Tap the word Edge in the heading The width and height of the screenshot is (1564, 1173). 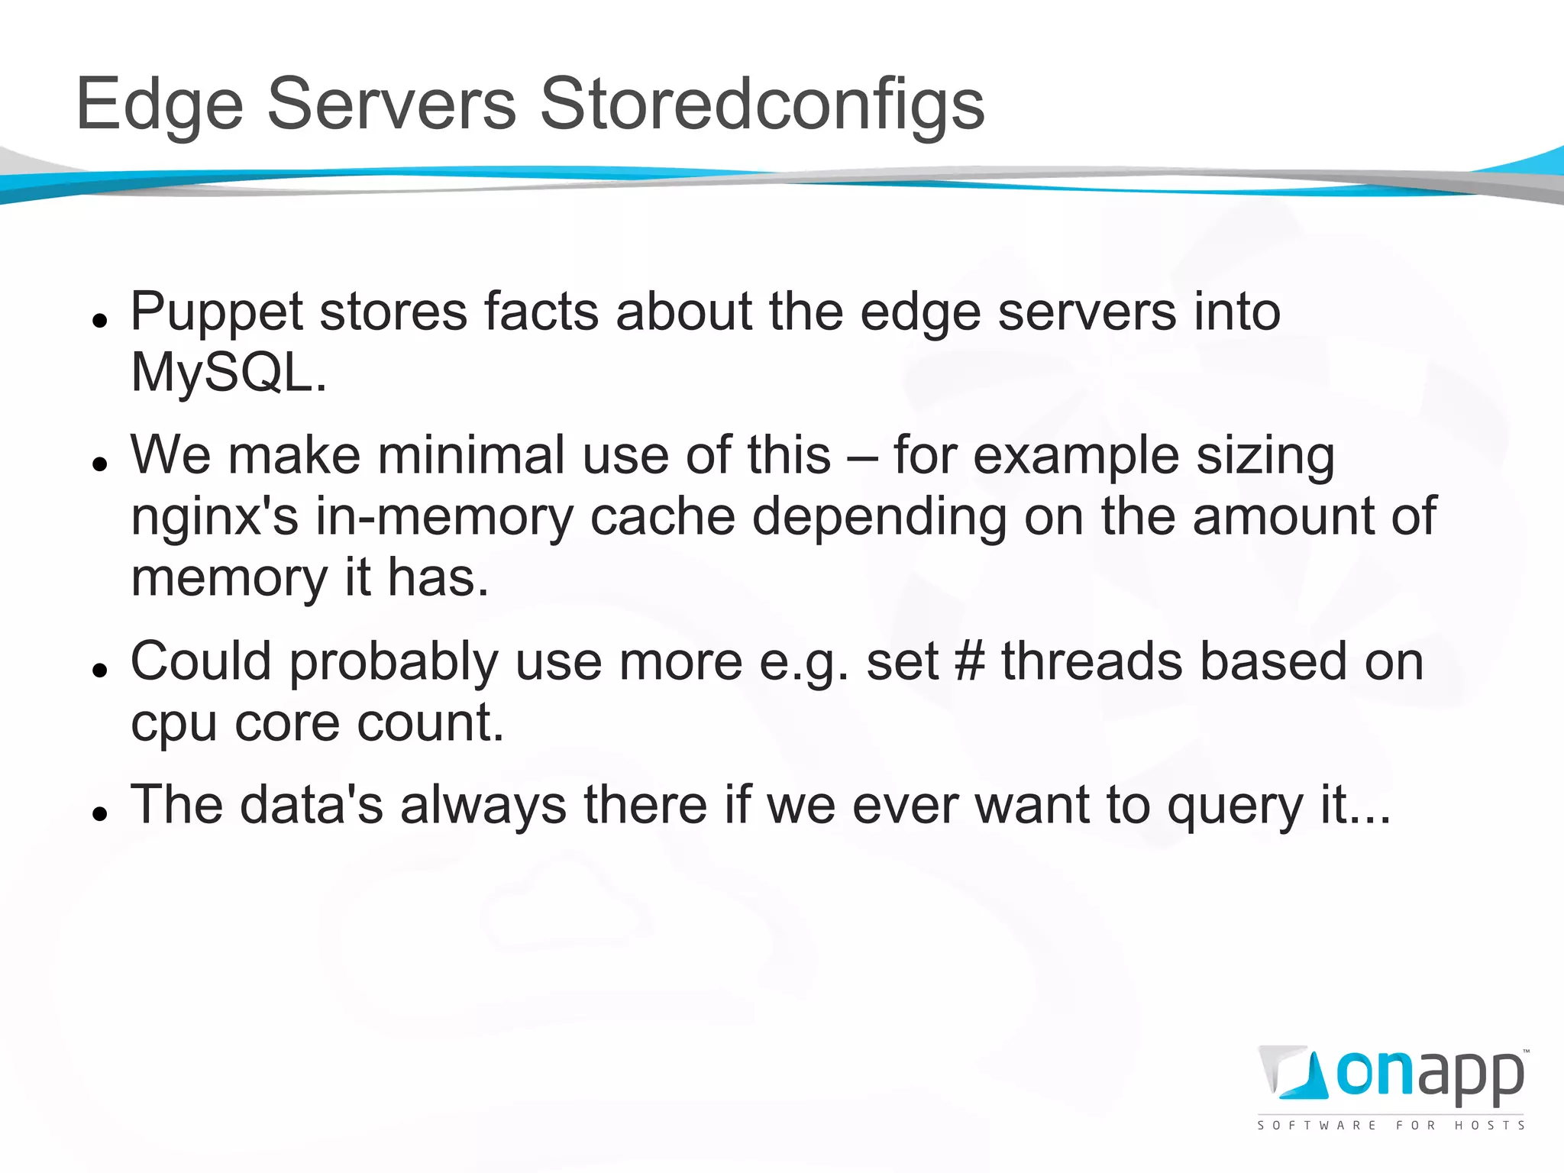[x=159, y=105]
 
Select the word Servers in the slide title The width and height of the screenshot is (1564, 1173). [x=391, y=105]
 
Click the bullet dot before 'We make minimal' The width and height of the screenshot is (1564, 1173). [x=99, y=463]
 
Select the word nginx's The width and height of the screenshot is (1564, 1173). [x=215, y=516]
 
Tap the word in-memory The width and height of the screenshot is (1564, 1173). [x=444, y=516]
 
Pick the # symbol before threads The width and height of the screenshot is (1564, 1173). [x=969, y=661]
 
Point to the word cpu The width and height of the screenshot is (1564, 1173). [x=174, y=724]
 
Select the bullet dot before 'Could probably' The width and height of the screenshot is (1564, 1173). [x=99, y=670]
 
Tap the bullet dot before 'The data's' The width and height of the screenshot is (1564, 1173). [x=99, y=813]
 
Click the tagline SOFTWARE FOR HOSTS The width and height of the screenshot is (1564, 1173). [x=1391, y=1125]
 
